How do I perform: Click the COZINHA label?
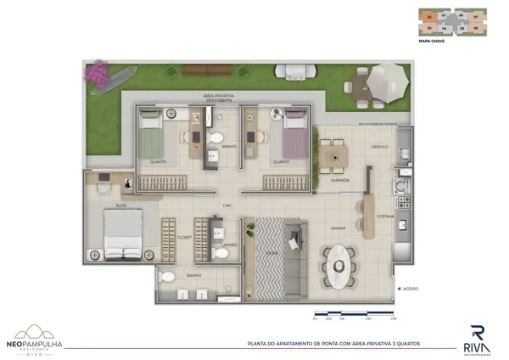[386, 216]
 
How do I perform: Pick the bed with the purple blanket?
[293, 133]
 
